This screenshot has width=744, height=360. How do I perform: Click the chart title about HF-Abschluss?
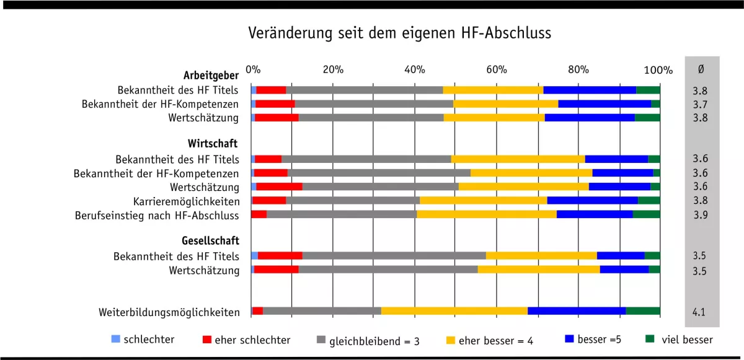pos(400,32)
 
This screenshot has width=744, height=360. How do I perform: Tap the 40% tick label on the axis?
pos(414,69)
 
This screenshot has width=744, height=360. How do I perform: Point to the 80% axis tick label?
pos(578,69)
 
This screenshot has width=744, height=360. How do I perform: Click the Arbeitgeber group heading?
pos(211,76)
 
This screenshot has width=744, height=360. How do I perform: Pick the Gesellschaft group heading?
pos(210,240)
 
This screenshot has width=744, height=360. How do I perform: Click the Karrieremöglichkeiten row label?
pos(186,201)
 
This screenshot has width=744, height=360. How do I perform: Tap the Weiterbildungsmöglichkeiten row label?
pos(169,312)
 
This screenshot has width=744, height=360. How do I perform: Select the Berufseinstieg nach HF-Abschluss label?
pos(157,216)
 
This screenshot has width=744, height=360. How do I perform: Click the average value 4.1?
pos(699,312)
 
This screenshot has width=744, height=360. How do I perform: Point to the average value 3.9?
pos(700,215)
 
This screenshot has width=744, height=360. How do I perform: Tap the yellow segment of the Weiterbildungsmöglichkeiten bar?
pos(454,310)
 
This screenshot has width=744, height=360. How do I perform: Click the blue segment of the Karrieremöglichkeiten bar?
pos(592,200)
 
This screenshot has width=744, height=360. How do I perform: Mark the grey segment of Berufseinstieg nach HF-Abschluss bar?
pos(342,214)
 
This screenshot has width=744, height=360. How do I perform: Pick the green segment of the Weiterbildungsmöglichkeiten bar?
pos(642,310)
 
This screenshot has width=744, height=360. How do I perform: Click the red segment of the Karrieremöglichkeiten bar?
pos(269,200)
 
